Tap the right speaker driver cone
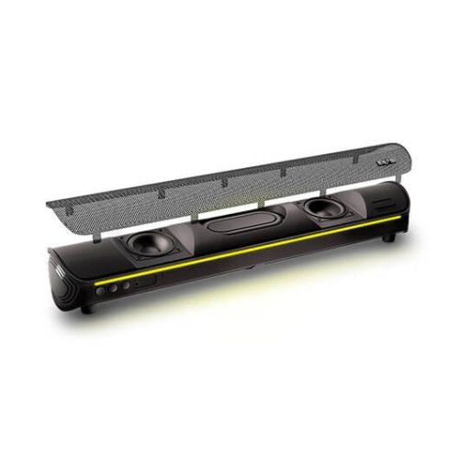tap(323, 209)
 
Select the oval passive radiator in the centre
tap(236, 226)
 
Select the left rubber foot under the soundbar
tap(86, 308)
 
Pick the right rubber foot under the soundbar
tap(389, 238)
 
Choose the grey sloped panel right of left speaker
tap(178, 241)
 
